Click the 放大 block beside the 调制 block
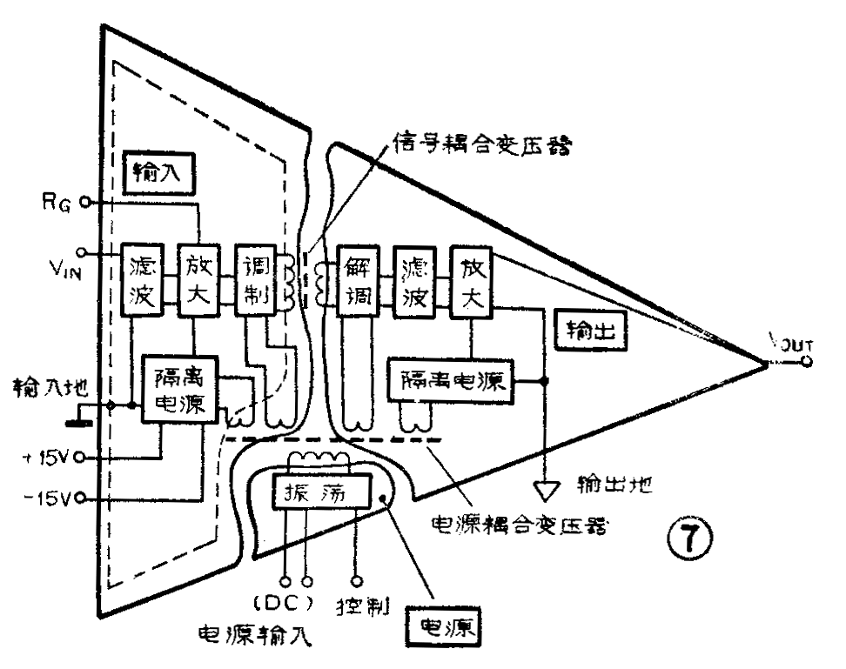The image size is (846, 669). click(x=198, y=279)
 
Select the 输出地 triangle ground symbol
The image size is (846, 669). click(x=546, y=490)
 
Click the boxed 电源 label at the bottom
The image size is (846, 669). click(x=444, y=626)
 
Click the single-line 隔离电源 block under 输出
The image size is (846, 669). click(x=452, y=379)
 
